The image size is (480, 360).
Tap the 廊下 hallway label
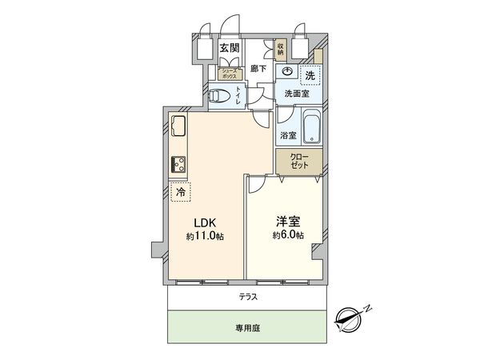(258, 69)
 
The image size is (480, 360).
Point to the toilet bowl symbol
(221, 98)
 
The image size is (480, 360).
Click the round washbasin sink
(287, 70)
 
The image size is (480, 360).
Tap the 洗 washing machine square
(309, 74)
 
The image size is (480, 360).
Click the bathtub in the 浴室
(311, 129)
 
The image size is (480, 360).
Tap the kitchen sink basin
(178, 127)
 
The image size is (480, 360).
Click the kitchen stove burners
(178, 166)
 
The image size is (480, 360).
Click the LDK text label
(202, 223)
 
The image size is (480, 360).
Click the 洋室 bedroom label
(288, 222)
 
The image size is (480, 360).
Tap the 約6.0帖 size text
(288, 236)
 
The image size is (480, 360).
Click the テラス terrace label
(248, 297)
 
